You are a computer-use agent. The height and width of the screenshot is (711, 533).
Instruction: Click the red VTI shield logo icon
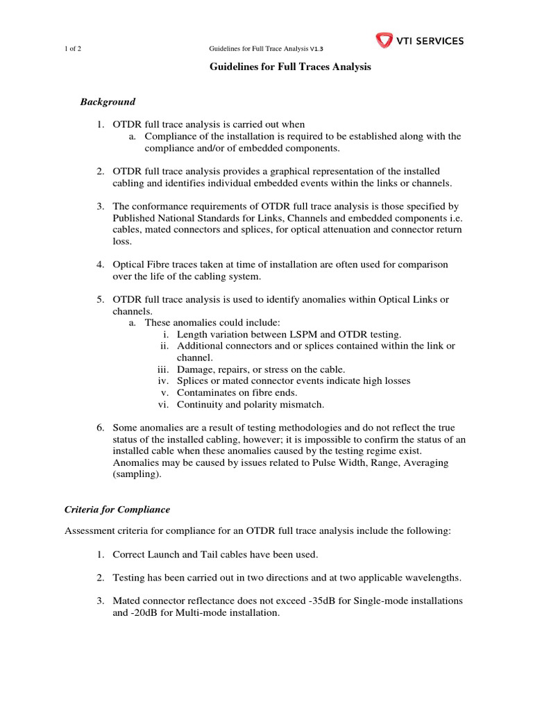coord(384,40)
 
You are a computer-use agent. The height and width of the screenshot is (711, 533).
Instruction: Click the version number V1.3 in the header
coord(315,49)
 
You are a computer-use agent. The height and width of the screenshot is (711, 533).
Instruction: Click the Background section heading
coord(108,101)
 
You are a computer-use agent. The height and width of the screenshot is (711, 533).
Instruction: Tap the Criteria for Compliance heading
coord(117,509)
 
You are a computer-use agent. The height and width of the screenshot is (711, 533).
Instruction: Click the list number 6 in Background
coord(100,427)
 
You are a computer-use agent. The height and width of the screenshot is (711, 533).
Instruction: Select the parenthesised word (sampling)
coord(137,474)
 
